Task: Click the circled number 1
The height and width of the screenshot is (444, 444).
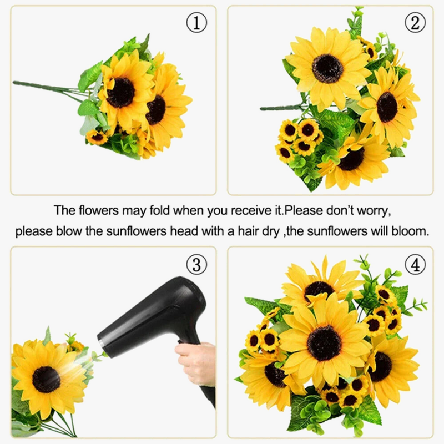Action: coord(196,23)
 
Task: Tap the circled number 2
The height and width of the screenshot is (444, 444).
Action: coord(415,23)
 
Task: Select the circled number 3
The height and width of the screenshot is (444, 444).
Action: coord(196,265)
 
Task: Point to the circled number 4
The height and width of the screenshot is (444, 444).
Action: coord(415,265)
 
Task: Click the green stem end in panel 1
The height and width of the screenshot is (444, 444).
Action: coord(15,83)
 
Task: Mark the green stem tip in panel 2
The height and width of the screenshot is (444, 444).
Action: coord(262,108)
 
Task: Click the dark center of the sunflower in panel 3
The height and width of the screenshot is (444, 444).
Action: coord(47,380)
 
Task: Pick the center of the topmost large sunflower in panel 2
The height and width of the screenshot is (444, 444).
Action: coord(327,68)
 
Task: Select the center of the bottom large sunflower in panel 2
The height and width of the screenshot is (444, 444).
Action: coord(351,159)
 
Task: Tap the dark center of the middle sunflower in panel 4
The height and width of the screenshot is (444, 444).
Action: coord(324,343)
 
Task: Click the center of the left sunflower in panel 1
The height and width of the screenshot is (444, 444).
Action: coord(121,93)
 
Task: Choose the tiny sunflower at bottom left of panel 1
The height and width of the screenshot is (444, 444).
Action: coord(97,137)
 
